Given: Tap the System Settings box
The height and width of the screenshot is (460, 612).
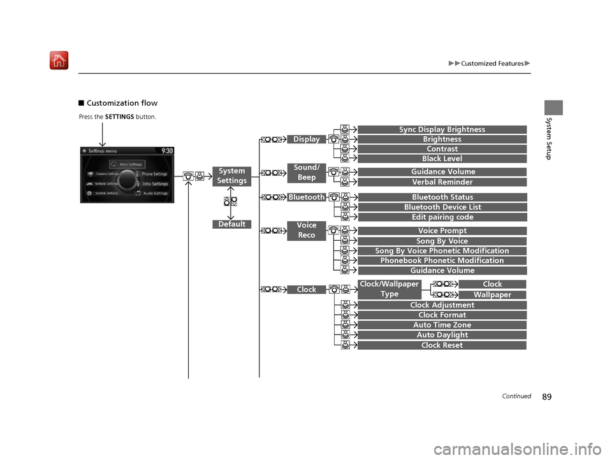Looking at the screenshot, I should click(231, 176).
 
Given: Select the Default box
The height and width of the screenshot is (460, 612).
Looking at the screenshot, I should click(231, 224).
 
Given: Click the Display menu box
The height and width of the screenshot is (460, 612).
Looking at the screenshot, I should click(307, 140).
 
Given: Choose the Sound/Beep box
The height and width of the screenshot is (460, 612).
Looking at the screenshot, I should click(307, 172).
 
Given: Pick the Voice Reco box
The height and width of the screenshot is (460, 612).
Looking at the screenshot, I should click(307, 230).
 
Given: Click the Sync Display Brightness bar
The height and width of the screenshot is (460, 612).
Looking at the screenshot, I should click(442, 130).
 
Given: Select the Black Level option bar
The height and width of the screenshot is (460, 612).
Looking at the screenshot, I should click(442, 159).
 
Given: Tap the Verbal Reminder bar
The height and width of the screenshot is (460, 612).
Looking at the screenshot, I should click(442, 182).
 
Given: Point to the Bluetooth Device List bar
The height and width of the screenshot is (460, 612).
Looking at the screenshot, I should click(442, 207).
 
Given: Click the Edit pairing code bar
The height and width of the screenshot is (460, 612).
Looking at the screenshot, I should click(442, 217).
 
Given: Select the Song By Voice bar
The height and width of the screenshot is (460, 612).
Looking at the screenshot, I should click(442, 241).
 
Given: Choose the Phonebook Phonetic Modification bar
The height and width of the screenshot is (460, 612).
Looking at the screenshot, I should click(442, 261).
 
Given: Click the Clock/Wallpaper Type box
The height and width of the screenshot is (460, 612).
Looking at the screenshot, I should click(389, 289).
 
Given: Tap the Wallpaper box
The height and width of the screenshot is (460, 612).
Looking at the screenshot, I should click(492, 295).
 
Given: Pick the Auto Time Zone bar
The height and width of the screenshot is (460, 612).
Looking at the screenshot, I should click(442, 325).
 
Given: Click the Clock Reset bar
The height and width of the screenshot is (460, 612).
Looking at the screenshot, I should click(442, 345).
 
